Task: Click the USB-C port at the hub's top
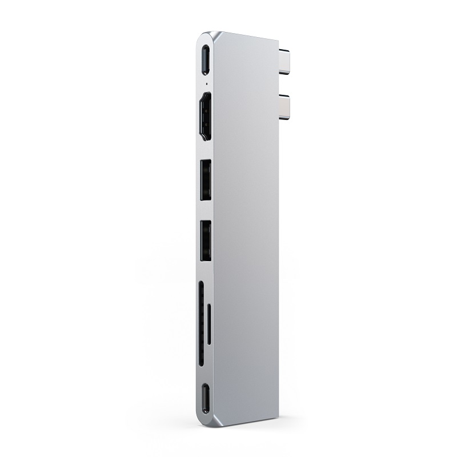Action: [206, 58]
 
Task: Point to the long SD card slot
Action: [202, 322]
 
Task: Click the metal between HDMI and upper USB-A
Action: [206, 149]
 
